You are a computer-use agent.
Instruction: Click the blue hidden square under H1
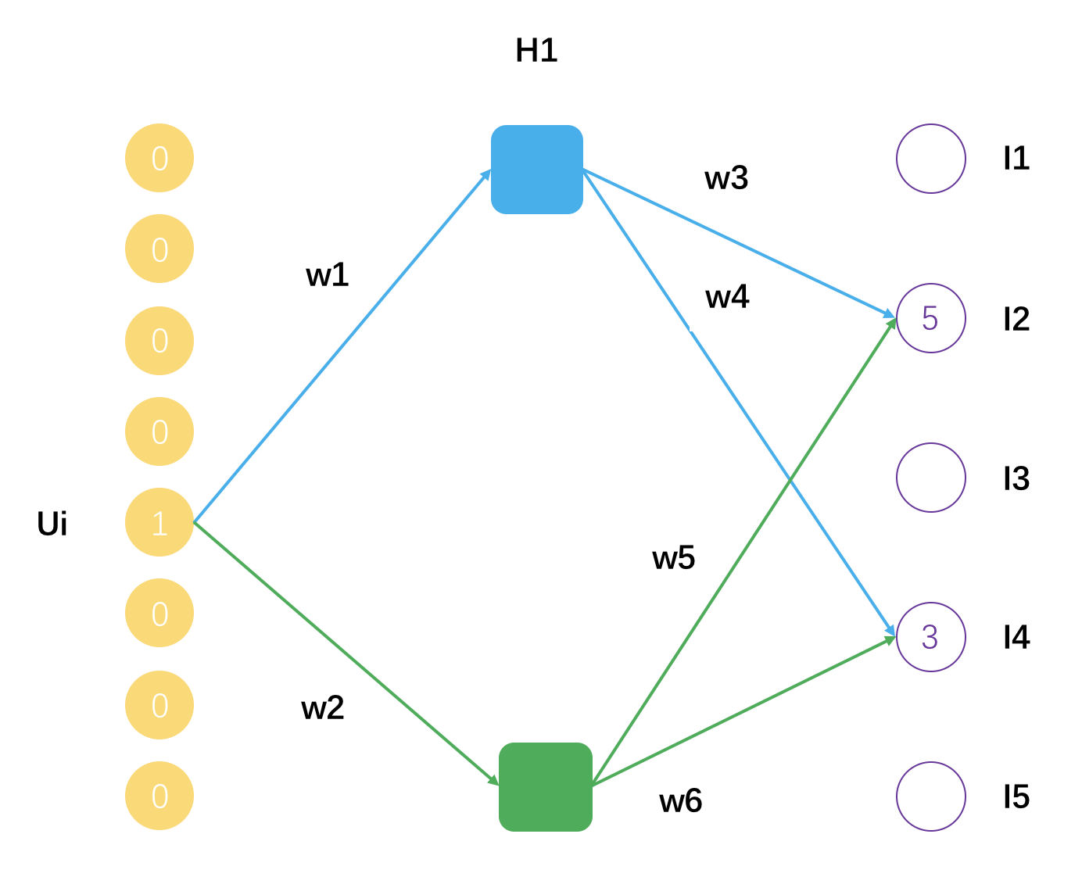[537, 170]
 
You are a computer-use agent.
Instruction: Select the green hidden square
[545, 786]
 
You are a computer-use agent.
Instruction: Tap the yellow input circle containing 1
[159, 522]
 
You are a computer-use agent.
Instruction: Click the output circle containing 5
[930, 318]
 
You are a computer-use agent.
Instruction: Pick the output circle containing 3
[930, 637]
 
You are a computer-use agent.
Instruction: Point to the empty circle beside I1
[930, 159]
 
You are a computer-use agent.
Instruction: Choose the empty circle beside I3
[930, 478]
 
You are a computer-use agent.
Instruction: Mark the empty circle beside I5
[930, 796]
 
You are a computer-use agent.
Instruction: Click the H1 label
[536, 51]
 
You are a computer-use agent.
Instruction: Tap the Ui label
[52, 524]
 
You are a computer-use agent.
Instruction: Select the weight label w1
[328, 275]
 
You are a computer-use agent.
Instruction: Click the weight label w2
[323, 708]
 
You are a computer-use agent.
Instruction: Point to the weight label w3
[726, 178]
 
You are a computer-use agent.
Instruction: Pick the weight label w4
[727, 297]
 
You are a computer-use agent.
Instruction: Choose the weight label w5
[673, 558]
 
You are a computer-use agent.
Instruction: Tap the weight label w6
[680, 801]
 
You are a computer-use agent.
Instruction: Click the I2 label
[1016, 319]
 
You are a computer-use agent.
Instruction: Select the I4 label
[1016, 638]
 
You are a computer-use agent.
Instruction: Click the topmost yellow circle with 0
[159, 158]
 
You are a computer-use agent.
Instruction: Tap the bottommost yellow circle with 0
[159, 796]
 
